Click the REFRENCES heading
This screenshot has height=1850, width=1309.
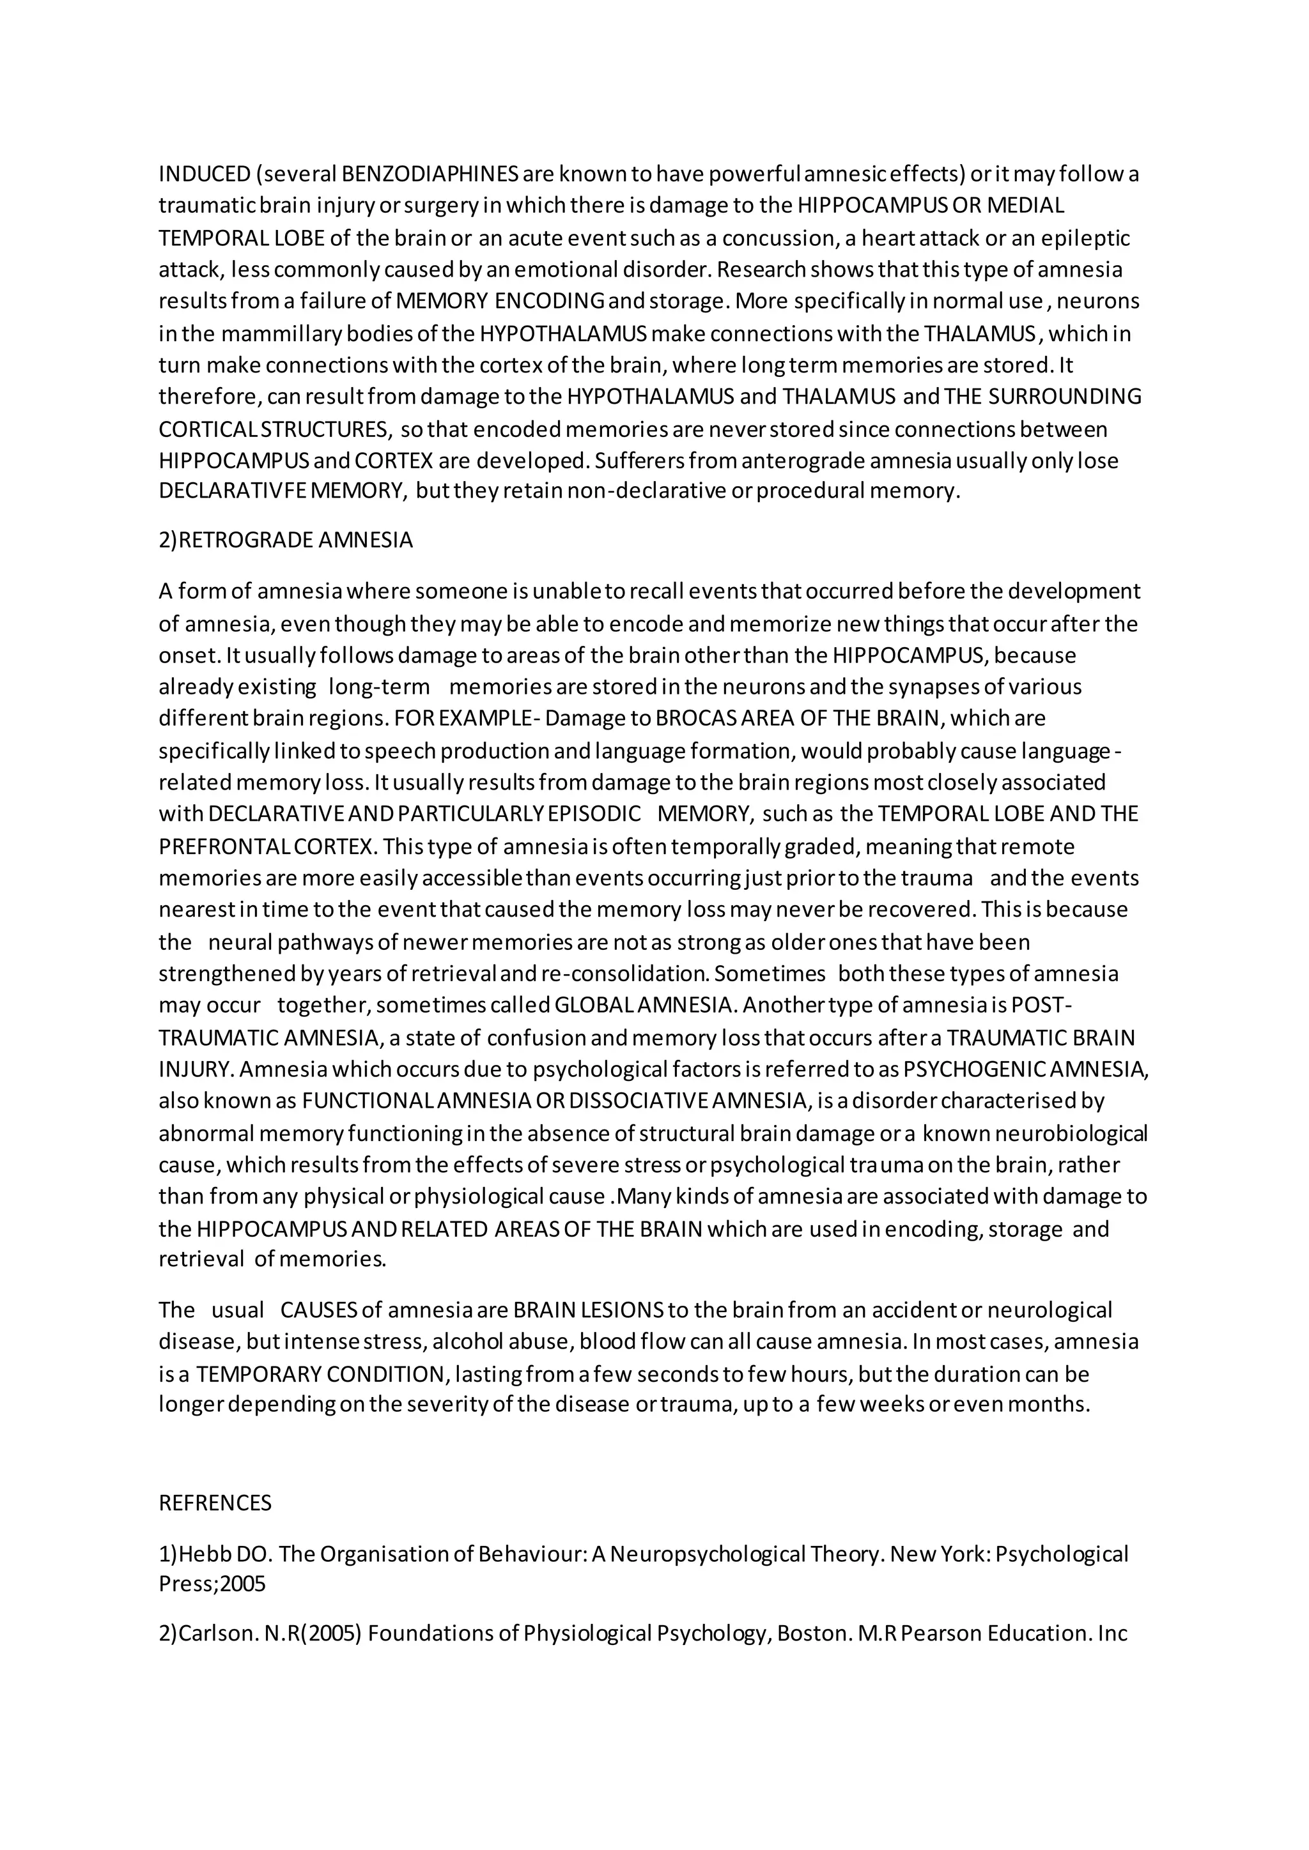point(215,1502)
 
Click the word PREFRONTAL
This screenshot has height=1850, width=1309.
point(225,847)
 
